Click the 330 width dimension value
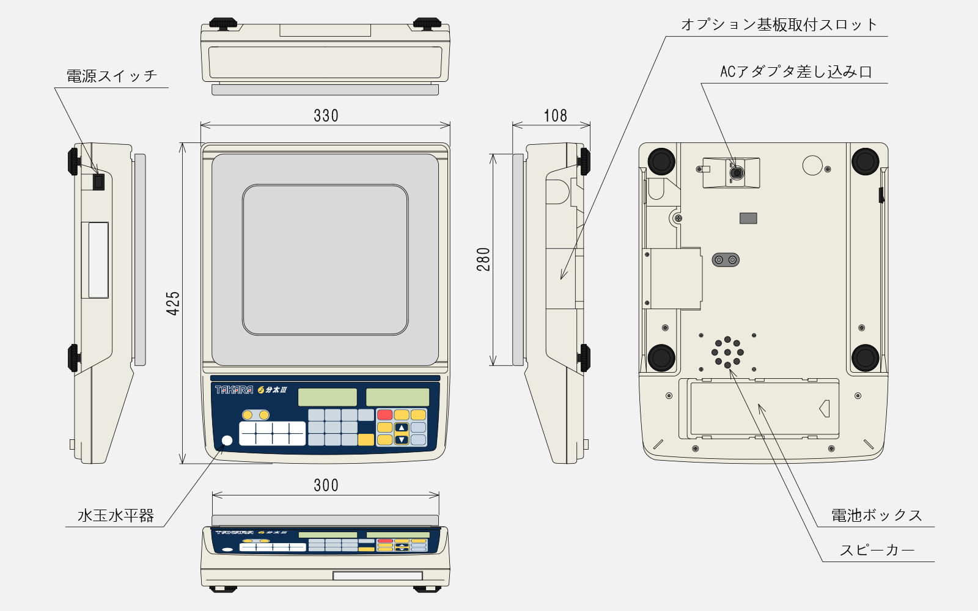coord(326,115)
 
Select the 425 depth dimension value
coord(174,303)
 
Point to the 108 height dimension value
coord(555,115)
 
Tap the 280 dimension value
coord(483,259)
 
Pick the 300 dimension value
coord(326,485)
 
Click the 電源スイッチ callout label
coord(112,76)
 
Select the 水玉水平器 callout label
coord(116,516)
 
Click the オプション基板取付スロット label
coord(779,25)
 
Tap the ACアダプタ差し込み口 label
coord(796,72)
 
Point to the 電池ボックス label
coord(876,516)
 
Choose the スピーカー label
coord(877,551)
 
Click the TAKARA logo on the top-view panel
coord(233,390)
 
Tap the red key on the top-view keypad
coord(384,415)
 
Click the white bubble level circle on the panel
coord(227,441)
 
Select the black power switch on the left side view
coord(98,181)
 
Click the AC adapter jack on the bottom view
coord(737,173)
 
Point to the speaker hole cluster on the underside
coord(727,352)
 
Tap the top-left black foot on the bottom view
coord(661,161)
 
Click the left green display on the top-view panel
coord(327,397)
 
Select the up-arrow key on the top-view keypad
coord(402,428)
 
